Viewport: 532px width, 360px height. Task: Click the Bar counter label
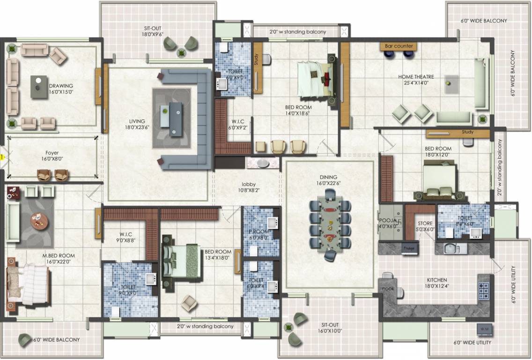[399, 46]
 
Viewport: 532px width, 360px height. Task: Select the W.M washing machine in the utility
[484, 329]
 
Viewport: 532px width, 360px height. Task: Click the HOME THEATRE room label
[416, 80]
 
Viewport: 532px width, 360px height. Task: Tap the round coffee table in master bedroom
[38, 220]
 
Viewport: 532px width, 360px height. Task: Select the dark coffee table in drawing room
[38, 86]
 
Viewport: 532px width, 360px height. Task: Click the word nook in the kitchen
[388, 289]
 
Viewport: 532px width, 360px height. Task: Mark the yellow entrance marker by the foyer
[2, 157]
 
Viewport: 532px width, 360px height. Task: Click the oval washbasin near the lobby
[263, 163]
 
